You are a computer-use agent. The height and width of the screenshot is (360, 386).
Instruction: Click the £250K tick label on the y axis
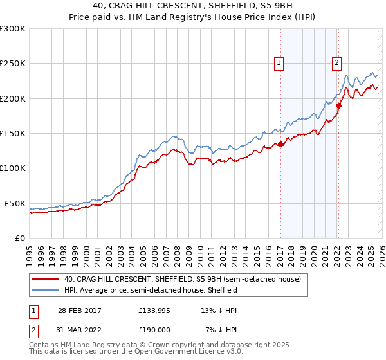coord(13,64)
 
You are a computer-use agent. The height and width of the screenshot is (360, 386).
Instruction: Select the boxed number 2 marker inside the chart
coord(336,63)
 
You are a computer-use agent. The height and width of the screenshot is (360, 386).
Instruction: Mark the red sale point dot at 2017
coord(280,145)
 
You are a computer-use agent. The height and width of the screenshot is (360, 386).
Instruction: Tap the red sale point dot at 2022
coord(338,106)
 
